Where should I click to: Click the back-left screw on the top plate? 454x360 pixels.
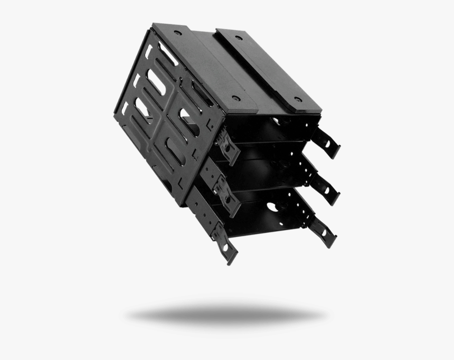(178, 33)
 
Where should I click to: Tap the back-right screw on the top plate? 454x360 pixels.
(238, 38)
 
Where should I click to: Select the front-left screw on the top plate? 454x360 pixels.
(236, 98)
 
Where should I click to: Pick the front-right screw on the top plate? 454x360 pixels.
(298, 99)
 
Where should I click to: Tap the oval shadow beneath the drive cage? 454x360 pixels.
(226, 315)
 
